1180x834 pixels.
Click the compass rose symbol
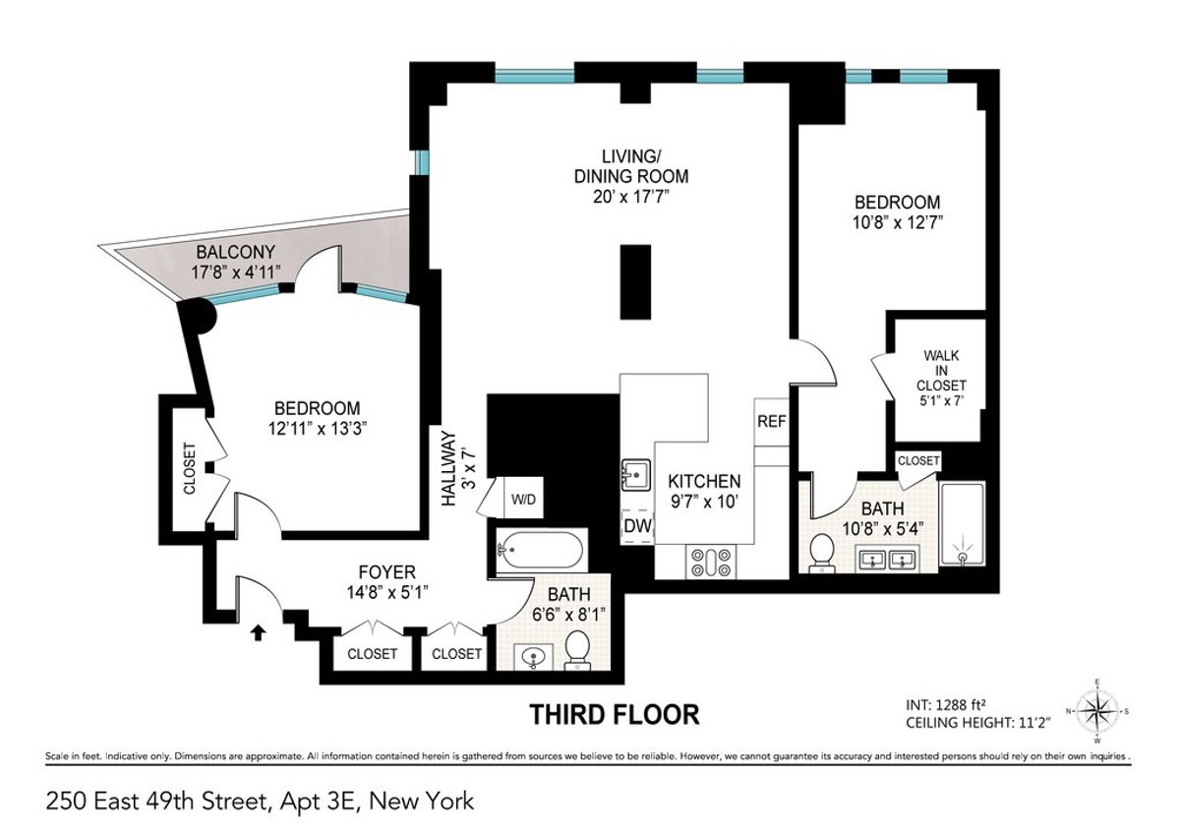click(x=1097, y=709)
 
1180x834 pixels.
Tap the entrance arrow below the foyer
click(x=259, y=632)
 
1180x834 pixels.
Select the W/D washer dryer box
click(x=522, y=499)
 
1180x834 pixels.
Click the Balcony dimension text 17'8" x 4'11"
click(x=236, y=270)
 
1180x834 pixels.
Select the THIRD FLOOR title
click(x=615, y=714)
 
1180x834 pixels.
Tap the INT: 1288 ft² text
click(x=959, y=705)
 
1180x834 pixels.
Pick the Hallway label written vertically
click(x=450, y=468)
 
